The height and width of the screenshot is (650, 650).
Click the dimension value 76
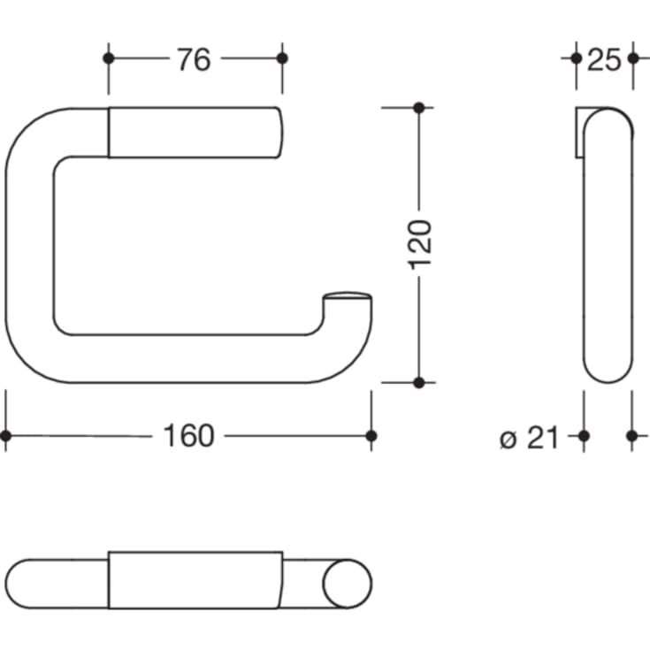tap(193, 59)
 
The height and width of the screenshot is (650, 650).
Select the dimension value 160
tap(188, 435)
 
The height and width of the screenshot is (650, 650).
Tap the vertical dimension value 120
tap(420, 244)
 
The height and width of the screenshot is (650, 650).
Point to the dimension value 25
tap(603, 59)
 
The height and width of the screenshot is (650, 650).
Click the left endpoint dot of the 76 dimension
tap(109, 58)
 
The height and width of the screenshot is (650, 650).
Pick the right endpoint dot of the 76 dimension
tap(282, 58)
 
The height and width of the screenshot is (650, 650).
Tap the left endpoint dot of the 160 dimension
tap(5, 435)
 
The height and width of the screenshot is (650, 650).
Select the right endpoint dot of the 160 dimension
tap(371, 435)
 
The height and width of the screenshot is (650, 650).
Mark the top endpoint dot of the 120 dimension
tap(419, 108)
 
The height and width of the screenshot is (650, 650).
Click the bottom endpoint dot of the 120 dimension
tap(419, 382)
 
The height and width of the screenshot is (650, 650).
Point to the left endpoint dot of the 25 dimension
tap(576, 58)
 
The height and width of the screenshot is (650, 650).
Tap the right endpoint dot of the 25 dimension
tap(632, 58)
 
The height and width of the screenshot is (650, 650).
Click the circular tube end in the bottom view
tap(347, 584)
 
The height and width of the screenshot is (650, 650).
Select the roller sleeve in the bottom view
tap(195, 581)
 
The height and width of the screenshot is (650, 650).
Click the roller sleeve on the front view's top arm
tap(195, 133)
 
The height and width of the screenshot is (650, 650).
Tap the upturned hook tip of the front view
tap(348, 301)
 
